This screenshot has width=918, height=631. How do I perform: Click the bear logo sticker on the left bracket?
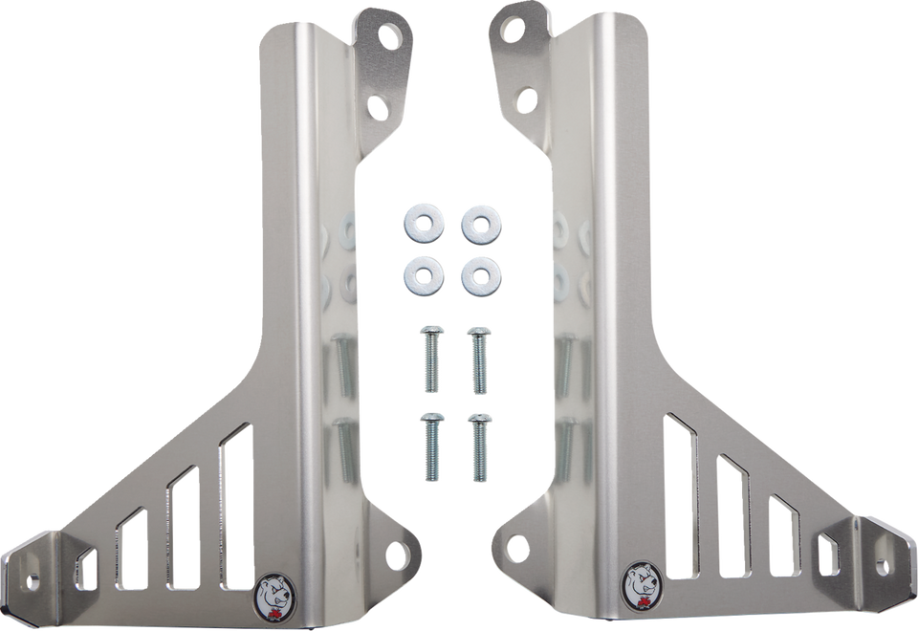(274, 586)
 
